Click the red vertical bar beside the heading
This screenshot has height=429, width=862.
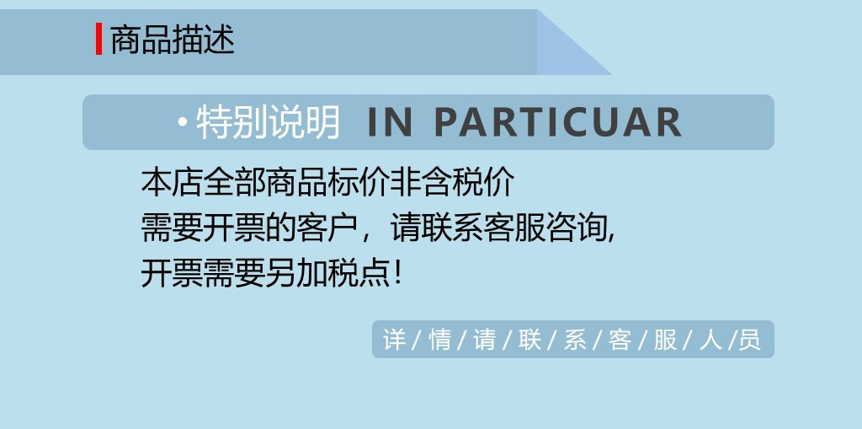tap(99, 39)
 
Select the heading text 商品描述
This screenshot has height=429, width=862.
tap(173, 40)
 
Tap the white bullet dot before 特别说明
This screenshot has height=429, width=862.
tap(183, 121)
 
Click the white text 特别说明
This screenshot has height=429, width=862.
tap(269, 122)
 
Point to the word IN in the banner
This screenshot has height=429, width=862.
tap(390, 122)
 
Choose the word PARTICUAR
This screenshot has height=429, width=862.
tap(558, 122)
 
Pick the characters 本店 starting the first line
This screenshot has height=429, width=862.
tap(172, 182)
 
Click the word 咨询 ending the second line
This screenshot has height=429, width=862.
tap(577, 228)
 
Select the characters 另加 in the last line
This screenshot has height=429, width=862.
tap(296, 273)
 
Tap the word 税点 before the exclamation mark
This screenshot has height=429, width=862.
tap(359, 273)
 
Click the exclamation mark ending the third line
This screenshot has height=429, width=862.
tap(398, 274)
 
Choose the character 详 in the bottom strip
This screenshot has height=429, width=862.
tap(394, 339)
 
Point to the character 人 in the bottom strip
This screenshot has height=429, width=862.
tap(710, 339)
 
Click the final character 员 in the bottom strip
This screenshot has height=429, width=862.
tap(750, 339)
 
